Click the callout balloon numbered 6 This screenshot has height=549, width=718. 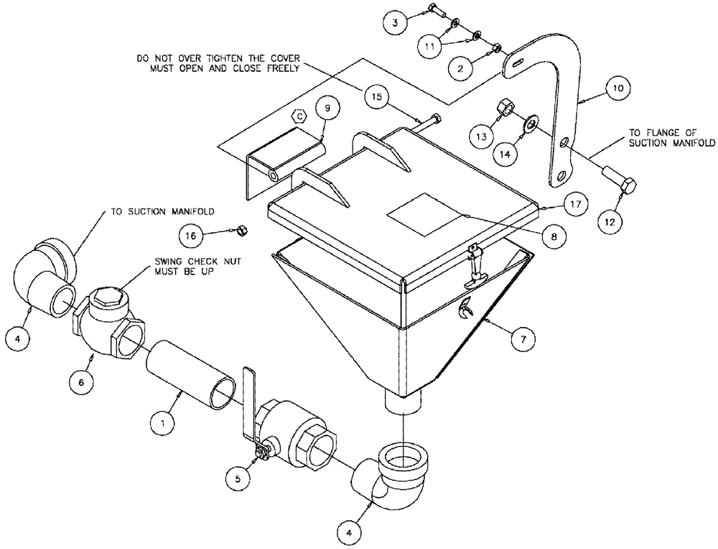click(81, 383)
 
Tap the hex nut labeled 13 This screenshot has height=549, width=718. click(504, 109)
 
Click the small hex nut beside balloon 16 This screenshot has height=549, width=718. click(242, 230)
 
